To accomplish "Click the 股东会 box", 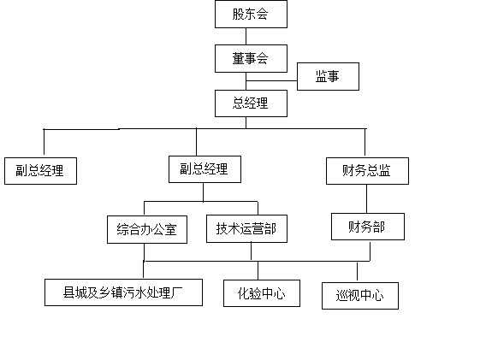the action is (251, 15).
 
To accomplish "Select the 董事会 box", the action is (251, 59).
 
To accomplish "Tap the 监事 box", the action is (328, 76).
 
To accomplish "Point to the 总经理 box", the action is (251, 103).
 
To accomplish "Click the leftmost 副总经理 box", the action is (40, 171).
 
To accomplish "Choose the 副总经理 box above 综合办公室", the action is (205, 169).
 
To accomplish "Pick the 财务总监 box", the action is (367, 171).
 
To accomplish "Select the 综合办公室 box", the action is (147, 229).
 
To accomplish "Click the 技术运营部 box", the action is (246, 228).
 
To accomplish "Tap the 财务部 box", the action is (368, 227).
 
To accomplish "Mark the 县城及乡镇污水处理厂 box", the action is (123, 292).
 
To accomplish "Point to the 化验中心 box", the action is (262, 293).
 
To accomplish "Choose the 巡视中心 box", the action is (360, 296).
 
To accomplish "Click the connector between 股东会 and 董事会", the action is (246, 37).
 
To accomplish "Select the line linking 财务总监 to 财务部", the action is (367, 199).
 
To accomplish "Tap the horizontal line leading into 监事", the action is (271, 81).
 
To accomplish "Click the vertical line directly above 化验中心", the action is (258, 270).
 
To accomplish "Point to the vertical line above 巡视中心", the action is (357, 272).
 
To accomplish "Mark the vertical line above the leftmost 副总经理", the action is (44, 142).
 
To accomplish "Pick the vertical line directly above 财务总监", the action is (365, 142).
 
